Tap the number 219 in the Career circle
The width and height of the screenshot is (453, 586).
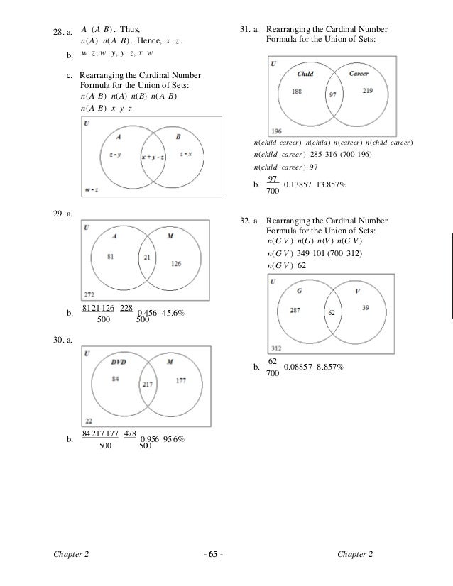368,92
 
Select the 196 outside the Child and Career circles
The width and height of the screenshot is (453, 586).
276,131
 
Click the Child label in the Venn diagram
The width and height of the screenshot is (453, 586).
305,74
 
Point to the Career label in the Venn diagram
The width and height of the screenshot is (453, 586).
358,74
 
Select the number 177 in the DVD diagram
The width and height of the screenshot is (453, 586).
180,381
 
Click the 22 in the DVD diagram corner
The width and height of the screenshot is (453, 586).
88,421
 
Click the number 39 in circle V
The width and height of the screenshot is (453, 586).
365,307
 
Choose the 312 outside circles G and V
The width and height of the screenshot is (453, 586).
277,348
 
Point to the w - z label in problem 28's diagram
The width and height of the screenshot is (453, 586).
91,189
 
